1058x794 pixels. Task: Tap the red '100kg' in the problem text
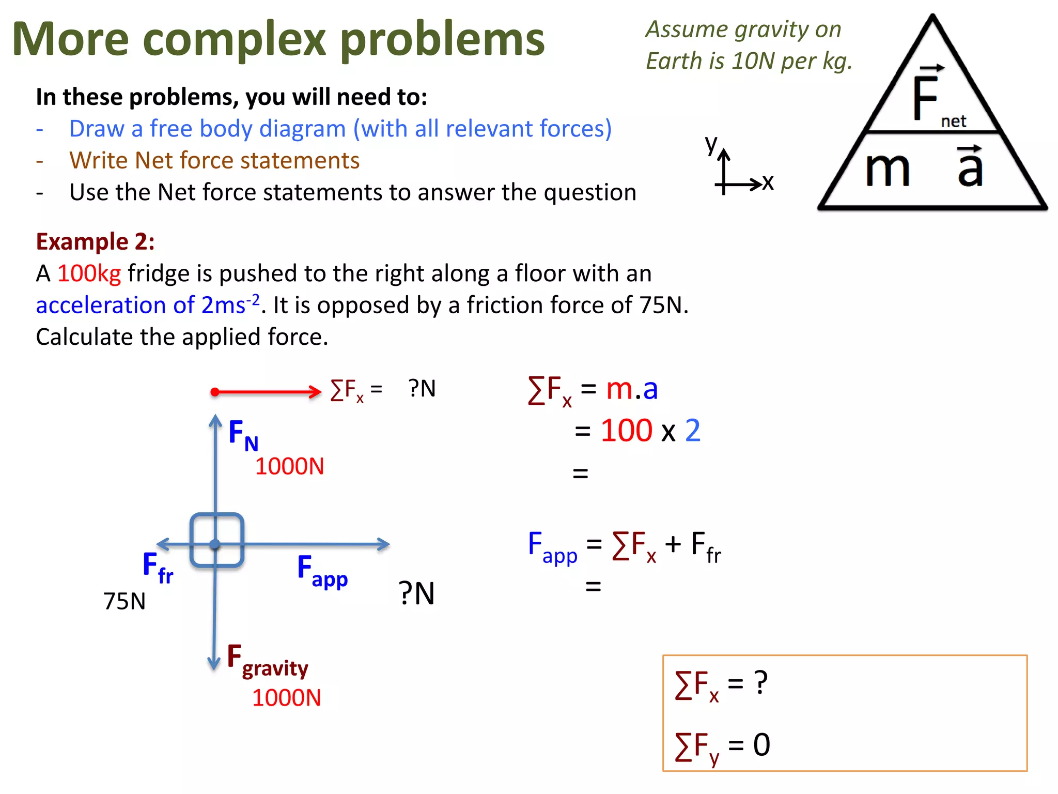click(x=89, y=273)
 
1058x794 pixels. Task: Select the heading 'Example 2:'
click(x=95, y=241)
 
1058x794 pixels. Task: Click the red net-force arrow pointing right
click(x=266, y=392)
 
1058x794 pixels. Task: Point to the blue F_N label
click(x=243, y=435)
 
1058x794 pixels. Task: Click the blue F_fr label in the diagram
click(x=158, y=567)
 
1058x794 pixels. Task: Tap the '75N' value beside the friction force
click(x=124, y=601)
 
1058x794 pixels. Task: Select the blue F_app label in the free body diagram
click(x=322, y=571)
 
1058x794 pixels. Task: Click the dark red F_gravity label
click(x=267, y=661)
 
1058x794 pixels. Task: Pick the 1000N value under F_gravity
click(x=286, y=698)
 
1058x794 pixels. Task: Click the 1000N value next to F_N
click(x=289, y=466)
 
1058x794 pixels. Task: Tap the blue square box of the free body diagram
click(x=216, y=540)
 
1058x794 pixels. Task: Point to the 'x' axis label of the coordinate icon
click(x=768, y=182)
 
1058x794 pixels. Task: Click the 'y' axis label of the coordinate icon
click(x=711, y=144)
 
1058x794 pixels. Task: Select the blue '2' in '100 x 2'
click(x=692, y=430)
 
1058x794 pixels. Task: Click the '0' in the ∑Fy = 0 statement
click(x=761, y=745)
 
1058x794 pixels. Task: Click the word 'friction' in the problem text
click(x=535, y=305)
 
